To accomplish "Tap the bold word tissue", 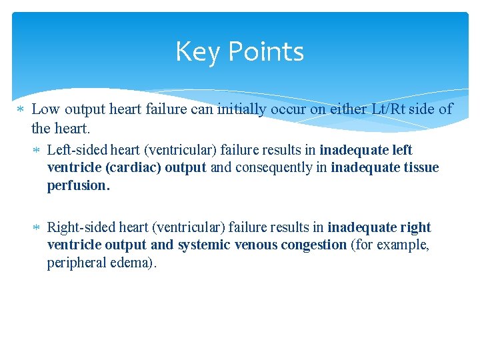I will point(421,167).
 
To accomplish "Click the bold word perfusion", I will point(78,185).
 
